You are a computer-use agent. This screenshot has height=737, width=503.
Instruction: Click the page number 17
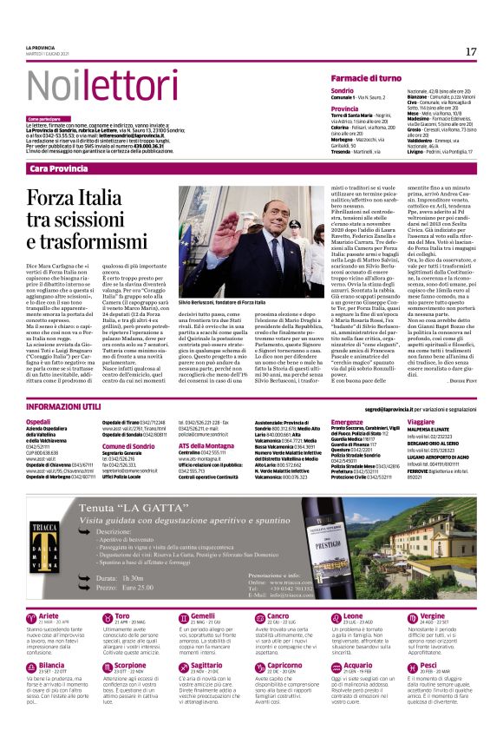tap(470, 52)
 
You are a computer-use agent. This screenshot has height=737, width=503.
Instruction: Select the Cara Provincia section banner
tap(64, 168)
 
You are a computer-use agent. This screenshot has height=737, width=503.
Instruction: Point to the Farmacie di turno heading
tap(366, 78)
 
